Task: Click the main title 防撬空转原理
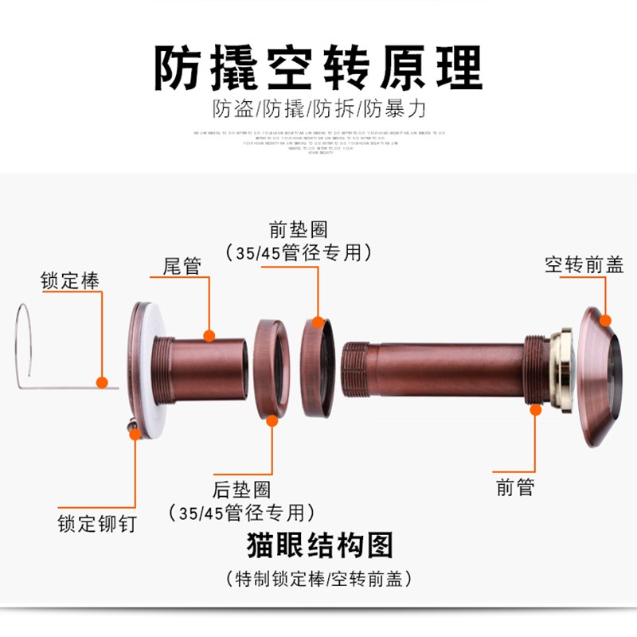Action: (318, 67)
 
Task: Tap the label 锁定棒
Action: (71, 280)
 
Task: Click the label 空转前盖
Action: (584, 265)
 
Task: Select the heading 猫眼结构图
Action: (318, 547)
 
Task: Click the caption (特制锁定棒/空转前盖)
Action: (318, 577)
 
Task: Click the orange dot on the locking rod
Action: (102, 383)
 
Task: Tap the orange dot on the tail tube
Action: (209, 335)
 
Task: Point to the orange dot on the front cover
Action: (606, 321)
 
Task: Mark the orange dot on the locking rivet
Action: (135, 433)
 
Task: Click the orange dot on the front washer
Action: (318, 322)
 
